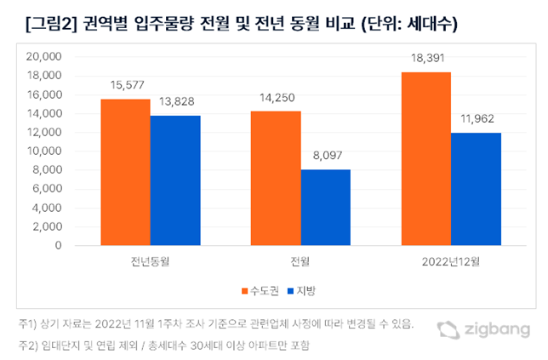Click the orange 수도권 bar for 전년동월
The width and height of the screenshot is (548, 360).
[x=126, y=172]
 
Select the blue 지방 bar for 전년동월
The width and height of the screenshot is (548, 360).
[x=176, y=180]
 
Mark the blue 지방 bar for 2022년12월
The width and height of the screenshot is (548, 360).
[x=476, y=189]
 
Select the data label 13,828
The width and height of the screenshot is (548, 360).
[x=176, y=104]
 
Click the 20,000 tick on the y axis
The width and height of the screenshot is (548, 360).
[x=46, y=57]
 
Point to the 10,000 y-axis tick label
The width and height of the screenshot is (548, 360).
[x=46, y=151]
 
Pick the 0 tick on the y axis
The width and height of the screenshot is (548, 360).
[x=59, y=246]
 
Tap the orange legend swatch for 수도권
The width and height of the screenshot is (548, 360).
[x=243, y=292]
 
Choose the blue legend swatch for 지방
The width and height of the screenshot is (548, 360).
[x=291, y=292]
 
